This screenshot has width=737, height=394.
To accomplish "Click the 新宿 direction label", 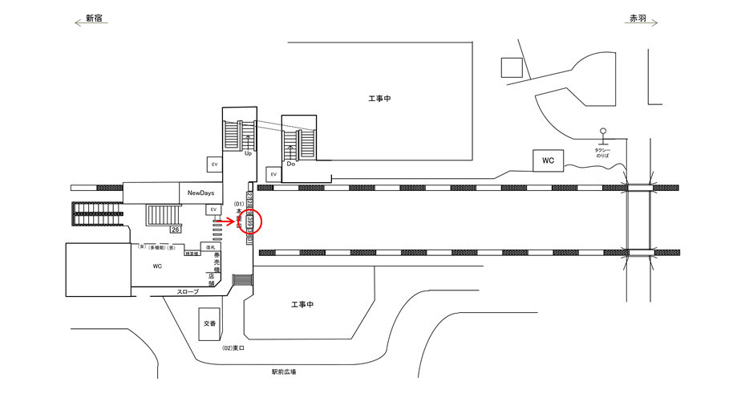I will [94, 17].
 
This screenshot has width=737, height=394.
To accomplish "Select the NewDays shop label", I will [200, 193].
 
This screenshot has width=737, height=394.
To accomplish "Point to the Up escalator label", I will [249, 152].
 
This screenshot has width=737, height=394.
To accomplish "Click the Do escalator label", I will [291, 164].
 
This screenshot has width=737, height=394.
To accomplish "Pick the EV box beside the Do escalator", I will [273, 173].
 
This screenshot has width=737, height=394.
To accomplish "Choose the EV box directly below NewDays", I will [213, 209].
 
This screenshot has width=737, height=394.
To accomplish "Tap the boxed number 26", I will [176, 229].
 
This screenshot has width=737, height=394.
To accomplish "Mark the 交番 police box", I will [209, 324].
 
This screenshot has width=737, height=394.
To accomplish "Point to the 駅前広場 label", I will [284, 372].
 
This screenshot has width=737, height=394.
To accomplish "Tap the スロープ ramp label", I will [188, 292].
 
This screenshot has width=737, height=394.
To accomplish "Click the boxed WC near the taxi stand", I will [548, 160].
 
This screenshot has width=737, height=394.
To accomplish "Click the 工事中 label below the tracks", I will [302, 305].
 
